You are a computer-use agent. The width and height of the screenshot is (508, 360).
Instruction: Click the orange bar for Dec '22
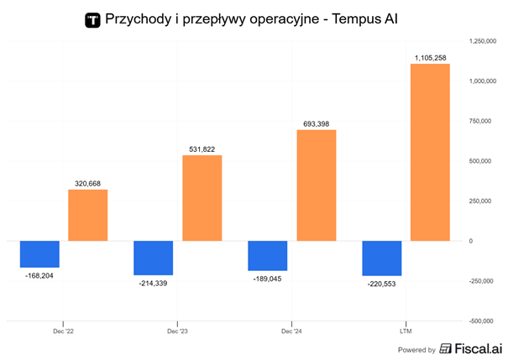point(87,215)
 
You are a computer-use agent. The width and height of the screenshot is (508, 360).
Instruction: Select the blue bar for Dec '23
point(154,258)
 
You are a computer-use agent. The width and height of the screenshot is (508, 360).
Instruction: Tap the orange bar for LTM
point(430,152)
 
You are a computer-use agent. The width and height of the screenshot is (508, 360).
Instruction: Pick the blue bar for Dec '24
point(268,255)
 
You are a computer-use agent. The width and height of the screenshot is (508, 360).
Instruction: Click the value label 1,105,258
point(430,57)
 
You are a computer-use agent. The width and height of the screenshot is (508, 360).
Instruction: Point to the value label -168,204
point(39,275)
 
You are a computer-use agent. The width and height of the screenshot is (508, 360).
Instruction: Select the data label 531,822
point(202,149)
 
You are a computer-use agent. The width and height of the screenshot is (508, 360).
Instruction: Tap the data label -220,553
point(381,284)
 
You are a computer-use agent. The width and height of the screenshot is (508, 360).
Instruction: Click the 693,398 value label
point(316,123)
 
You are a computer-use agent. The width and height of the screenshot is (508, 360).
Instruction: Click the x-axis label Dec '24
point(291,331)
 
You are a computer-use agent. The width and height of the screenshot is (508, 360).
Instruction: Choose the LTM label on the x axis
point(406,331)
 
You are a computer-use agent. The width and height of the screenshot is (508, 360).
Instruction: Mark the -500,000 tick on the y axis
point(483,321)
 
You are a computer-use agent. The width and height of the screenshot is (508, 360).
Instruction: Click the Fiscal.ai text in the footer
point(478,349)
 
